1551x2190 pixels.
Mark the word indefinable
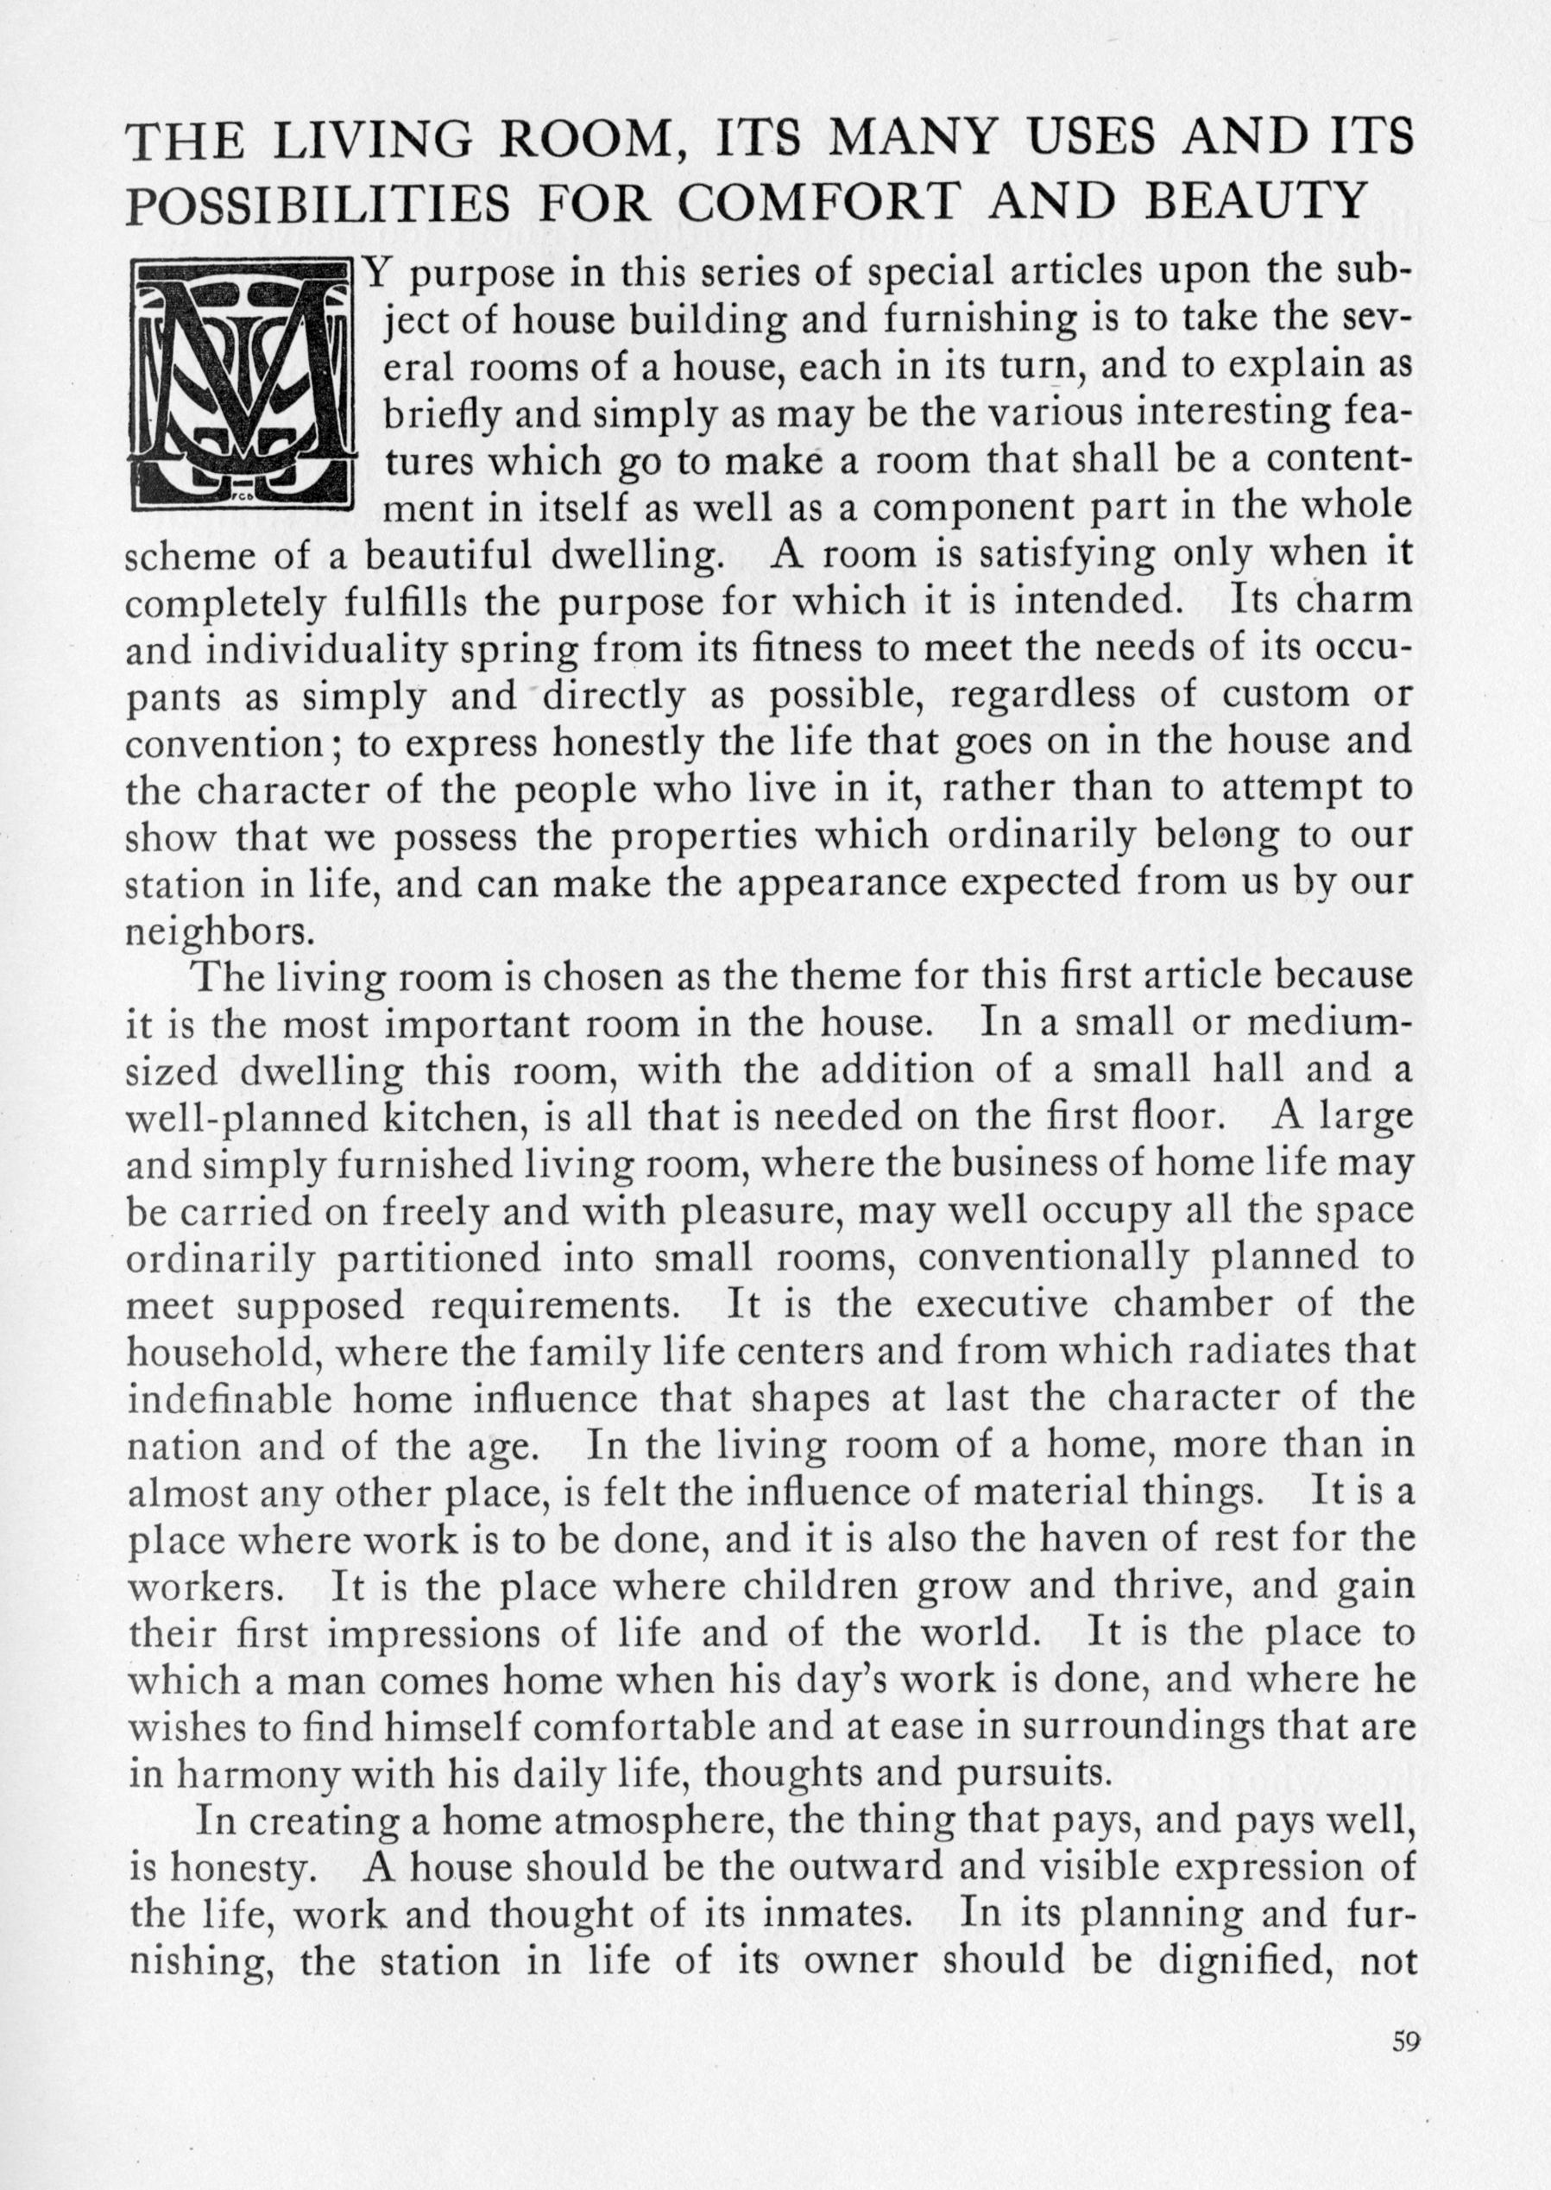click(230, 1398)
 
